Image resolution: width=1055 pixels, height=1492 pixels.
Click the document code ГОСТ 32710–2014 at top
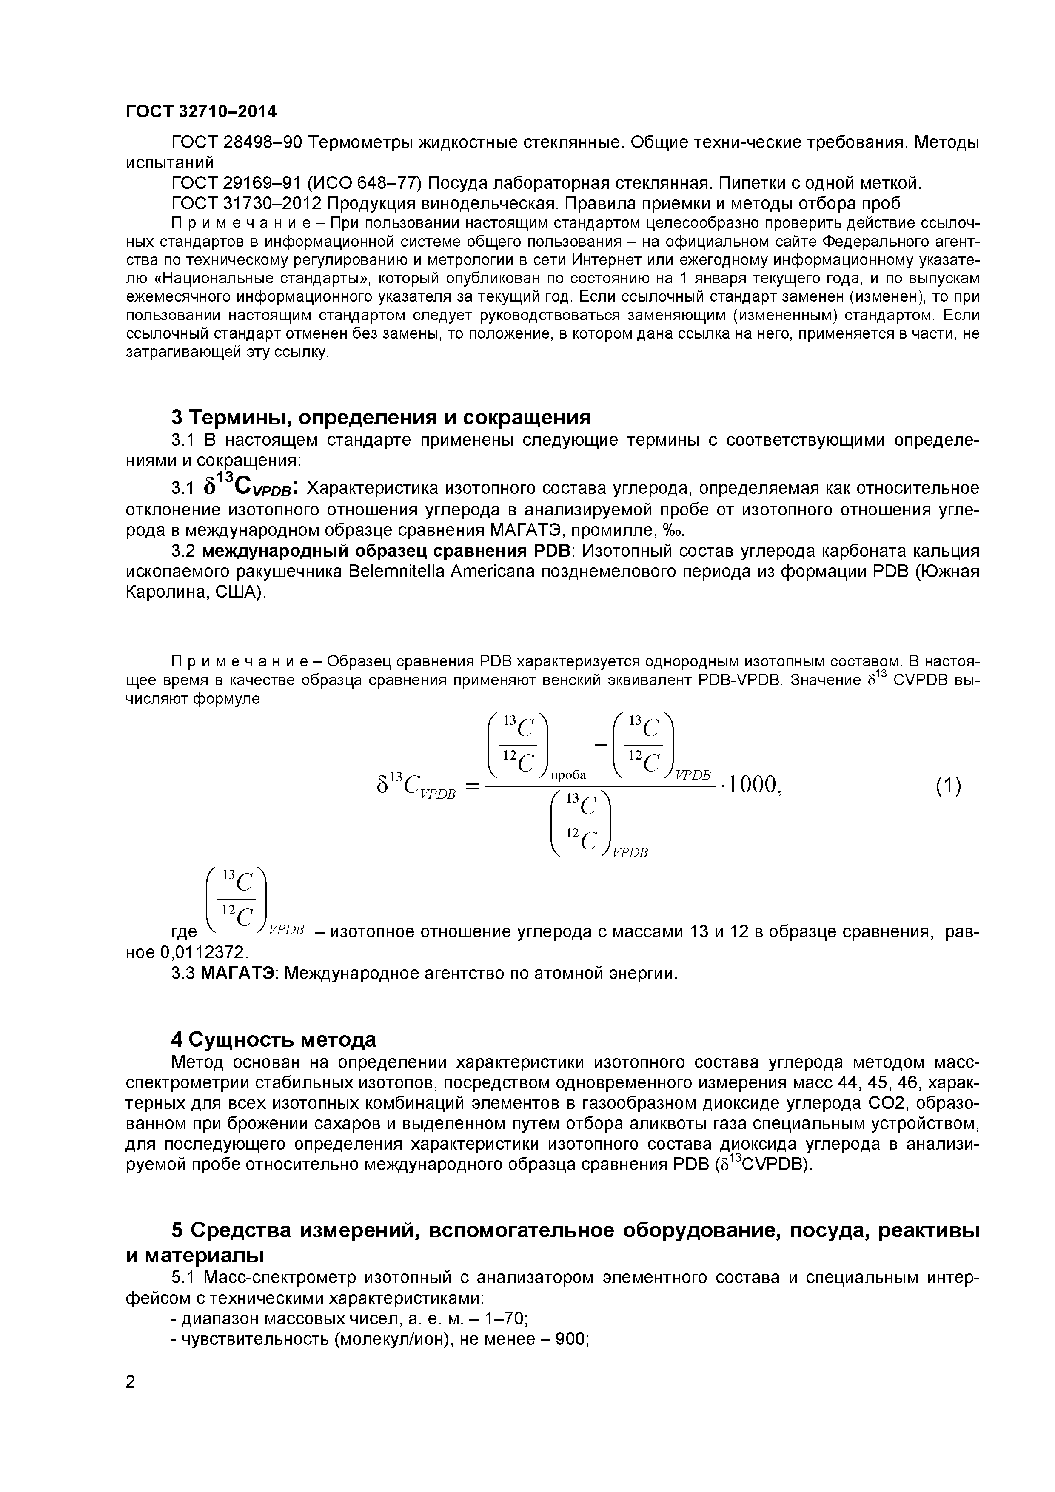coord(200,112)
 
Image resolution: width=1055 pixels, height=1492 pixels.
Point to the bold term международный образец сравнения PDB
coord(386,551)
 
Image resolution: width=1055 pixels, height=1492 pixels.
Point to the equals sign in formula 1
coord(473,786)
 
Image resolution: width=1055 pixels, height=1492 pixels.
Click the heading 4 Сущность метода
coord(274,1040)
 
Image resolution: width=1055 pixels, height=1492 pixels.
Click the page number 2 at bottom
coord(131,1401)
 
